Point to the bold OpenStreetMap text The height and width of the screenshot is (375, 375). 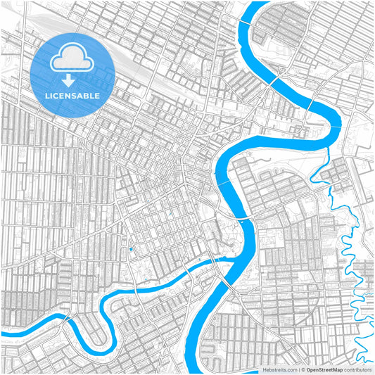329,369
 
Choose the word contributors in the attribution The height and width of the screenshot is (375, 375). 360,369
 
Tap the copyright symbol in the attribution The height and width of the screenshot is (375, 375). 304,369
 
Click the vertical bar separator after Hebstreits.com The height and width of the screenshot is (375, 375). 299,369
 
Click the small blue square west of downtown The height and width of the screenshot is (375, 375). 130,250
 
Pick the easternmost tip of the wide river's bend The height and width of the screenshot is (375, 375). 340,121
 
